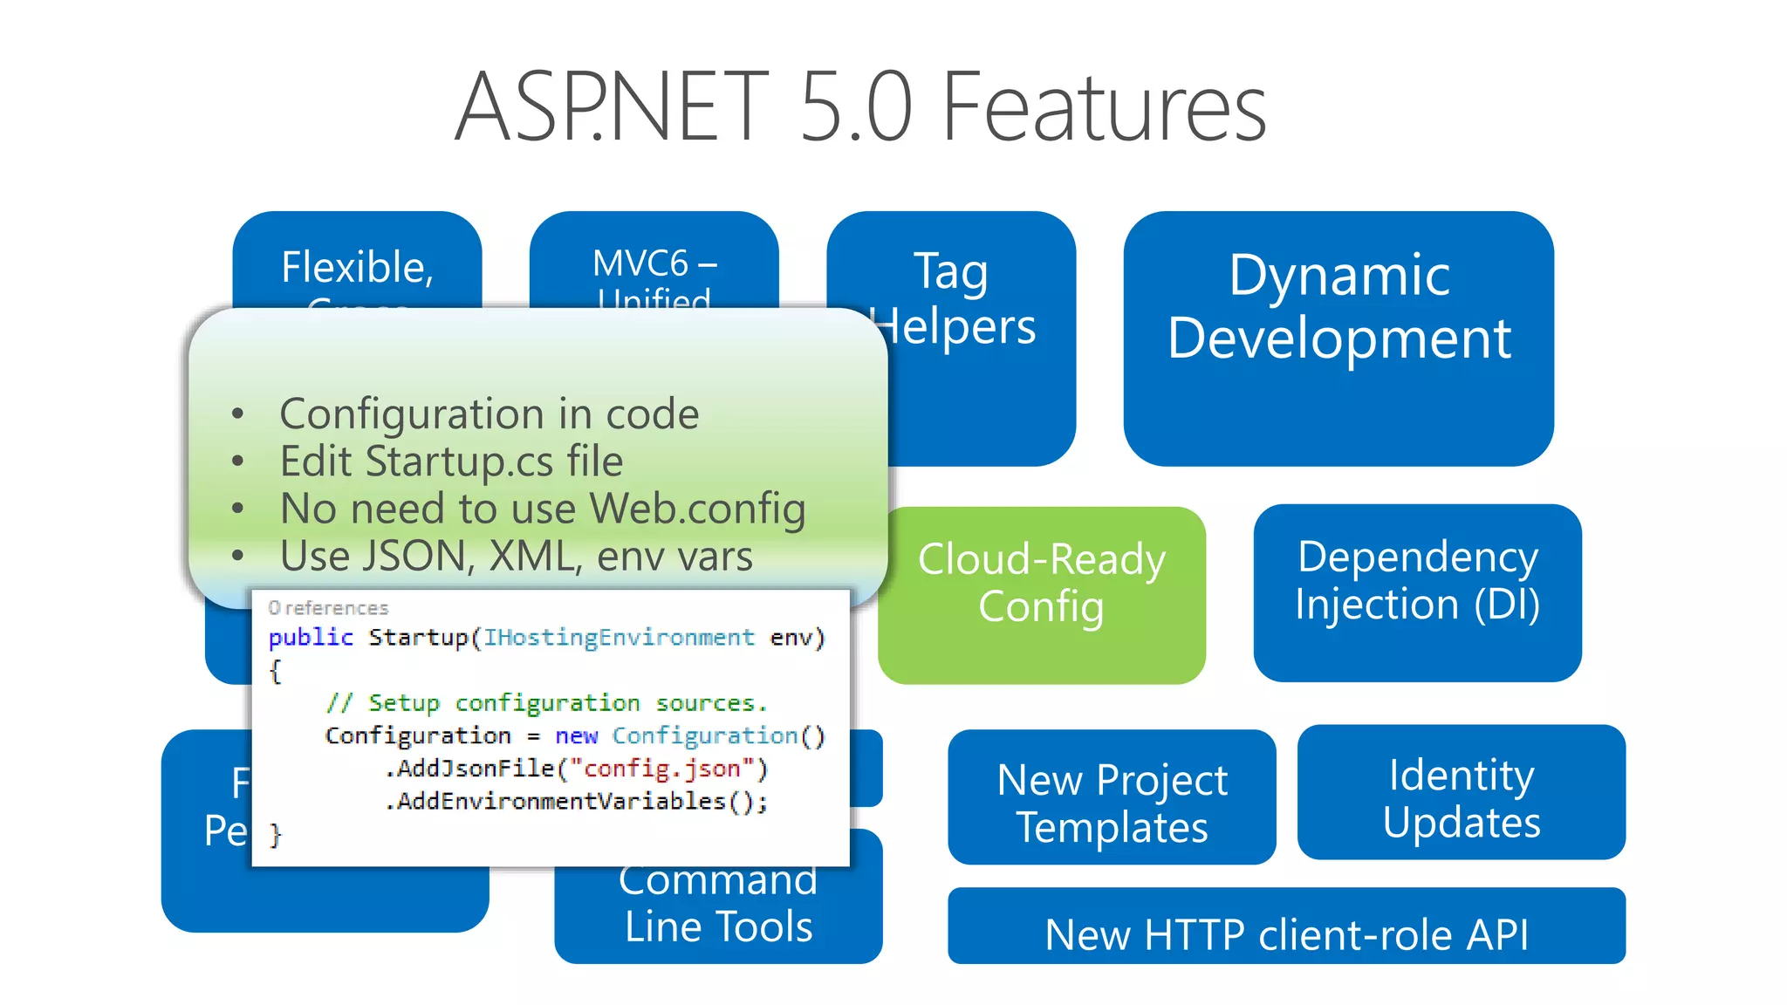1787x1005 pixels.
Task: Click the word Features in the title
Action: point(1104,108)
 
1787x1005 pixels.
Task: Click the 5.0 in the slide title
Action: point(855,108)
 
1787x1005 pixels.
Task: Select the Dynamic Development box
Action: point(1338,338)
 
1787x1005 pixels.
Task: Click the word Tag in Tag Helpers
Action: point(950,272)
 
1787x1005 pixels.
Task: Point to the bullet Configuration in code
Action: point(489,414)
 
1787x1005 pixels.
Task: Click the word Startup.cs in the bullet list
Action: point(459,461)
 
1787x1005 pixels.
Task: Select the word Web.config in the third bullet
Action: point(697,509)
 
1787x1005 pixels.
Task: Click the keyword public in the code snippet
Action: point(311,638)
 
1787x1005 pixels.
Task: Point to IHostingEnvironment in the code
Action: point(619,638)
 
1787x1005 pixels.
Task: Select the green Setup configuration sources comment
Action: point(546,703)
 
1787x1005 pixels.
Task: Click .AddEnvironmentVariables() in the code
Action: point(576,801)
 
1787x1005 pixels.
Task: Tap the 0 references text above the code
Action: point(328,607)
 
